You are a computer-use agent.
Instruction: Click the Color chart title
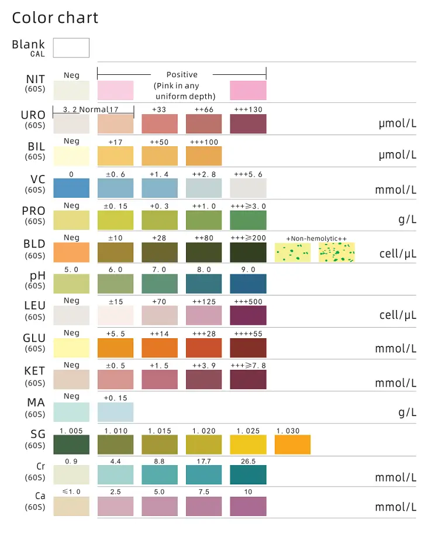pos(55,18)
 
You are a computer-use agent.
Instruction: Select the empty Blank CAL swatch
pos(71,47)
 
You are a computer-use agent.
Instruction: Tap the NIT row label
pos(36,80)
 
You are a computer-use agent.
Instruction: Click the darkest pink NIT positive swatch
pos(248,91)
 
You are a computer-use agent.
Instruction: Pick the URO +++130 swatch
pos(248,124)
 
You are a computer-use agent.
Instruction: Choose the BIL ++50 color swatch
pos(160,156)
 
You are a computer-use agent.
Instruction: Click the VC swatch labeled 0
pos(71,188)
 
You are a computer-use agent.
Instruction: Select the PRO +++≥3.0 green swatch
pos(248,220)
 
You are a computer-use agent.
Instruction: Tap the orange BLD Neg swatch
pos(71,252)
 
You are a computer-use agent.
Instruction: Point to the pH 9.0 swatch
pos(248,284)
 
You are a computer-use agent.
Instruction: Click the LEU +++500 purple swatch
pos(248,315)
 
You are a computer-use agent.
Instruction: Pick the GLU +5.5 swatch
pos(115,348)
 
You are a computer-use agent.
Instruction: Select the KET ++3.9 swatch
pos(204,379)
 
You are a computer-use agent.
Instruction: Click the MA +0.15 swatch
pos(115,412)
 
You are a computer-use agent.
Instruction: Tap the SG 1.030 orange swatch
pos(292,445)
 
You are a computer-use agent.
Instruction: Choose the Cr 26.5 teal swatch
pos(248,474)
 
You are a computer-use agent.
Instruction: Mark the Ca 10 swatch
pos(248,506)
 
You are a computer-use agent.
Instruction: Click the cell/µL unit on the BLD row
pos(398,253)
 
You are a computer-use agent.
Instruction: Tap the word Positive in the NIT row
pos(182,75)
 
